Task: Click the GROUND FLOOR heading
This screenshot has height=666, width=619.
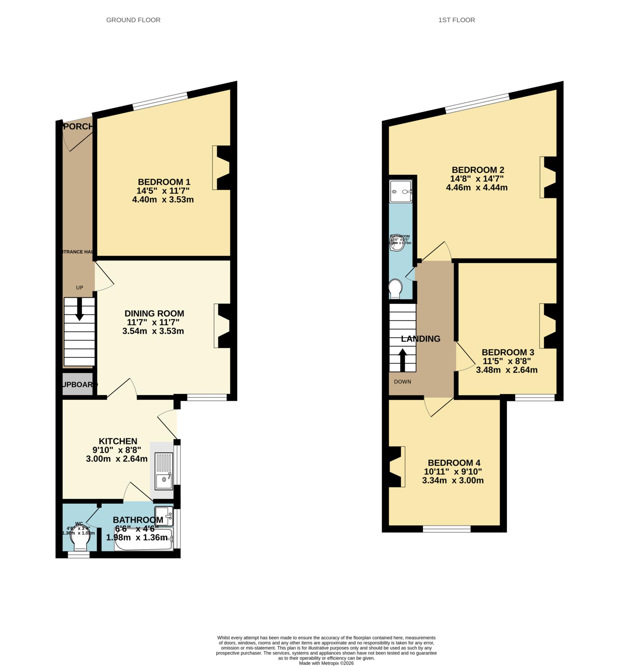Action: (x=133, y=20)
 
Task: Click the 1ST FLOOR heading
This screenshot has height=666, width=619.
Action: (x=456, y=20)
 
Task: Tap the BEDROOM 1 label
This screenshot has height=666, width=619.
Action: (x=164, y=182)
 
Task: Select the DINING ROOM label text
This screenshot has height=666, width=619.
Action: (x=154, y=313)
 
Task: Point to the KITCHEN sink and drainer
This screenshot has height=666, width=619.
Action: (x=164, y=471)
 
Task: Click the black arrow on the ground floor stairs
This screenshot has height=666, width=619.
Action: (x=79, y=309)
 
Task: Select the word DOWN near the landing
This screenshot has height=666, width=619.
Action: (x=402, y=381)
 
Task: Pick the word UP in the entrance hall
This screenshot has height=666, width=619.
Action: (x=79, y=287)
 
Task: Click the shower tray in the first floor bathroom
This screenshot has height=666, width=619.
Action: (x=401, y=191)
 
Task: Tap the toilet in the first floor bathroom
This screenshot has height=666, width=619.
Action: (x=395, y=288)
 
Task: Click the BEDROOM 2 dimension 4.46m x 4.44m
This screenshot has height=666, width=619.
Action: (x=476, y=188)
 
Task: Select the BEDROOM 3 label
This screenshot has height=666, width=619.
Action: (x=507, y=353)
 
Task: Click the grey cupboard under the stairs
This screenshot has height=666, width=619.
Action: (x=78, y=384)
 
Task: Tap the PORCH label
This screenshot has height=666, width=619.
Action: (x=78, y=127)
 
